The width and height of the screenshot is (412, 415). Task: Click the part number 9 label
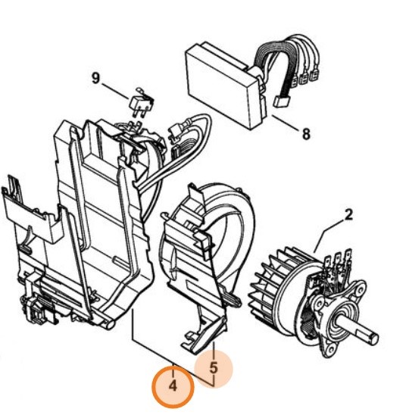click(x=95, y=77)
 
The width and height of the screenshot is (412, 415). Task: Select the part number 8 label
click(x=305, y=135)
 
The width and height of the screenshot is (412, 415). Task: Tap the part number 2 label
click(x=349, y=215)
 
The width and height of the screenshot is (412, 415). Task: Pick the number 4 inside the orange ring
click(x=173, y=385)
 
